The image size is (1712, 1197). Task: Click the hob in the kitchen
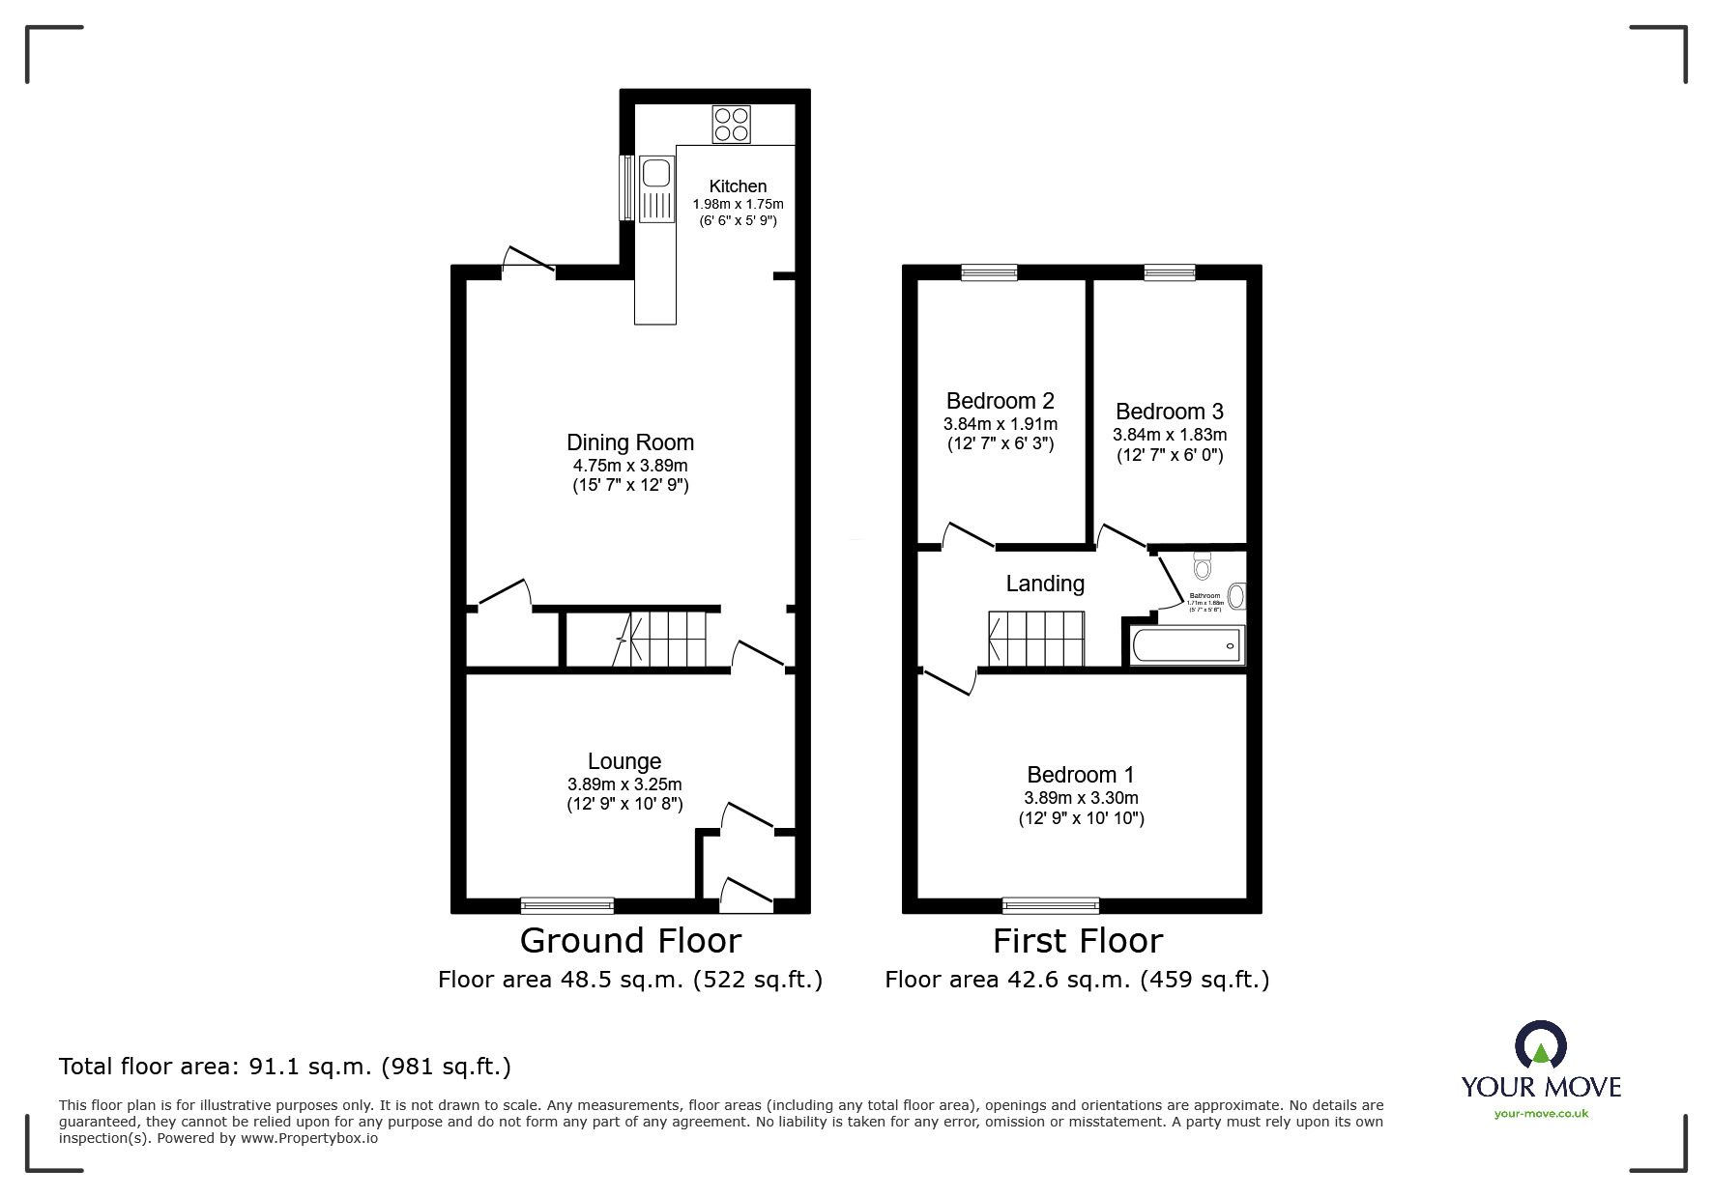pos(731,125)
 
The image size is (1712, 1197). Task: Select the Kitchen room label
pos(738,186)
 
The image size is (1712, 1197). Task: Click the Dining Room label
pos(630,442)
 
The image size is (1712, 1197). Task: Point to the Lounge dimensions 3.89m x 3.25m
pos(624,784)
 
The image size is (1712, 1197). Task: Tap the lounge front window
pos(567,905)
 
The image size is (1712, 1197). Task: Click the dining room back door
pos(528,261)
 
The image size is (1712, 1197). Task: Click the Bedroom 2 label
pos(1000,401)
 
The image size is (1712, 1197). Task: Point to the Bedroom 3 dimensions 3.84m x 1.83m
pos(1170,435)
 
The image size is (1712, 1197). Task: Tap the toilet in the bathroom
pos(1202,565)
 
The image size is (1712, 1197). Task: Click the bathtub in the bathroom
pos(1186,645)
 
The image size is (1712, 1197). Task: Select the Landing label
pos(1045,584)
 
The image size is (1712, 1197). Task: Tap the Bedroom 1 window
pos(1051,905)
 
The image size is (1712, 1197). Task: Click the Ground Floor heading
pos(630,940)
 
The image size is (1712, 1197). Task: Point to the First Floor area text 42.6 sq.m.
pos(1077,980)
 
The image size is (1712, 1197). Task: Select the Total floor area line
pos(285,1067)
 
